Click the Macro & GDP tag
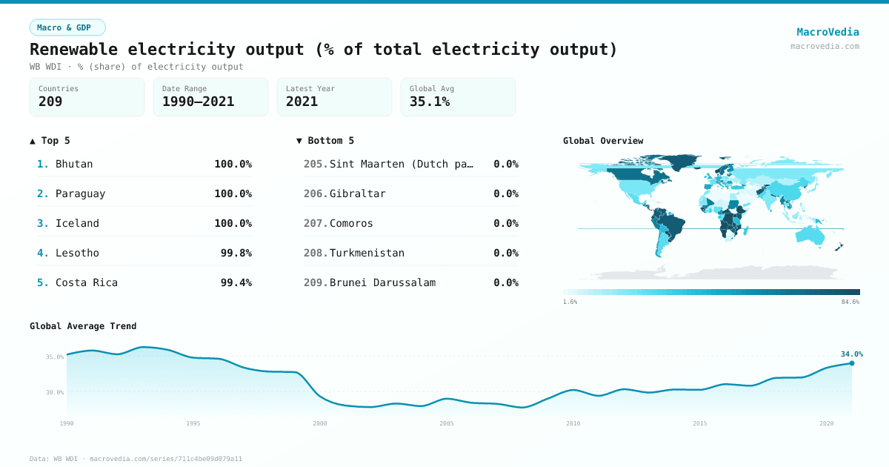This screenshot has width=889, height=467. click(x=67, y=27)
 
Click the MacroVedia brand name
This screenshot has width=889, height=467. click(x=828, y=32)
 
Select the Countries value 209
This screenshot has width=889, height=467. click(x=50, y=102)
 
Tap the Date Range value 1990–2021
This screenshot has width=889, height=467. click(x=198, y=102)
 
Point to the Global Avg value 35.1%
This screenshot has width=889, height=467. click(x=430, y=102)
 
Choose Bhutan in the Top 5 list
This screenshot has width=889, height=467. click(x=74, y=164)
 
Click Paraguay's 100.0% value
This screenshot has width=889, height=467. click(x=233, y=193)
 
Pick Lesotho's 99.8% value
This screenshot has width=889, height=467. click(x=236, y=253)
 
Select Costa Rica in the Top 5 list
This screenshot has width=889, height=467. click(x=87, y=282)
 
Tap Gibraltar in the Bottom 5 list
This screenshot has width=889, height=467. click(x=357, y=193)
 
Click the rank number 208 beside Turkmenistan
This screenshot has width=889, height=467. click(x=315, y=253)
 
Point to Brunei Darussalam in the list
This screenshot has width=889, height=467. click(x=382, y=282)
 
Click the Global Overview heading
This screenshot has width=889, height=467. click(x=603, y=141)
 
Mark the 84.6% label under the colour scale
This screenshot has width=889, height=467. click(x=850, y=302)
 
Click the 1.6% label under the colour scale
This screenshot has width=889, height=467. click(x=570, y=302)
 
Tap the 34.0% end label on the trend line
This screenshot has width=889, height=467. click(x=851, y=354)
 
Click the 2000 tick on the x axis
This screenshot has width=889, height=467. click(x=320, y=423)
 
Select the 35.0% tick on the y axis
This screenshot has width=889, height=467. click(x=55, y=357)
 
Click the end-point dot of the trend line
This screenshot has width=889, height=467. click(x=852, y=363)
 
